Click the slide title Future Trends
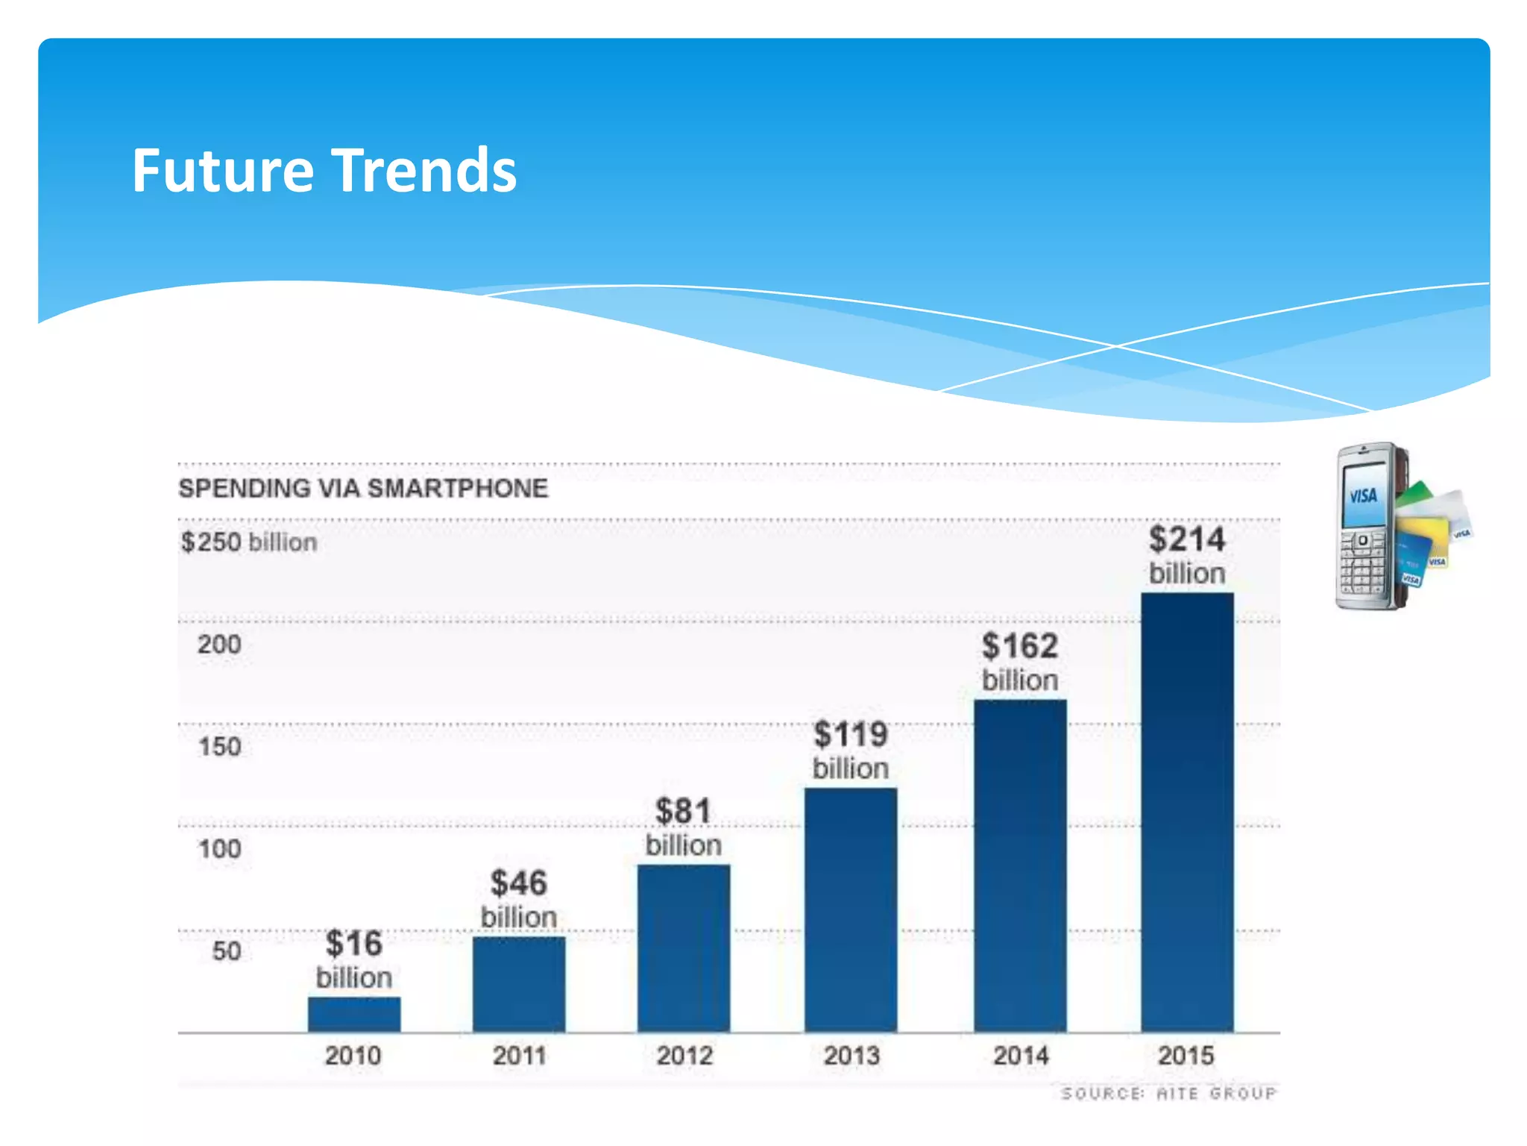click(x=324, y=171)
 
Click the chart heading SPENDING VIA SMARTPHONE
click(x=363, y=489)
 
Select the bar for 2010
click(x=354, y=1014)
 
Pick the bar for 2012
click(x=684, y=948)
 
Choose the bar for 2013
click(x=851, y=910)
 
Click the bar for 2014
click(x=1020, y=865)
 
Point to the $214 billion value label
click(x=1187, y=555)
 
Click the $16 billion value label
click(x=354, y=959)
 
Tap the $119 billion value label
click(x=851, y=750)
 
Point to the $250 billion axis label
click(x=249, y=542)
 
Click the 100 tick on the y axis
click(x=220, y=849)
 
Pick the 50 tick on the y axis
click(x=227, y=951)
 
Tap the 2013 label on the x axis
click(x=851, y=1056)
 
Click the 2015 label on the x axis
click(x=1186, y=1056)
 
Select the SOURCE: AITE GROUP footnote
click(x=1168, y=1094)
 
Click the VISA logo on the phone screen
click(x=1364, y=495)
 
